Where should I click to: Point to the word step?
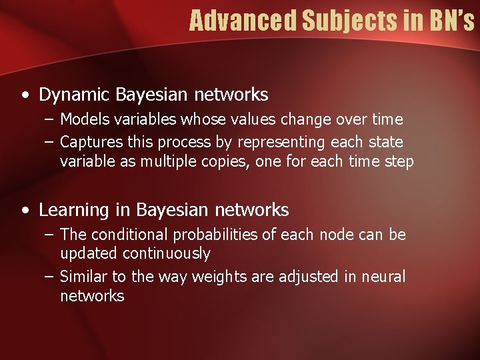[x=400, y=161]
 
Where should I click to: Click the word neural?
[x=383, y=276]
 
